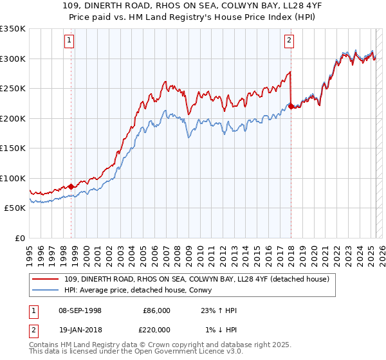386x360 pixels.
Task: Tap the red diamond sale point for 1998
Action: click(x=71, y=186)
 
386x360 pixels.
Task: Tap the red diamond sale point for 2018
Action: click(x=291, y=107)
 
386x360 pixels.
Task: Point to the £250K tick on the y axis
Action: click(x=14, y=88)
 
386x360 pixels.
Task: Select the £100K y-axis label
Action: click(x=14, y=178)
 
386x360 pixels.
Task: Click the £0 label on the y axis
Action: click(x=20, y=238)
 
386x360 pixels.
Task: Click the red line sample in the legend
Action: click(x=46, y=279)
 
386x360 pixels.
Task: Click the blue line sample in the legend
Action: click(x=46, y=290)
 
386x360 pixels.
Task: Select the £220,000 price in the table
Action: click(x=157, y=328)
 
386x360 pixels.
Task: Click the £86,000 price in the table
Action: click(x=157, y=310)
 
